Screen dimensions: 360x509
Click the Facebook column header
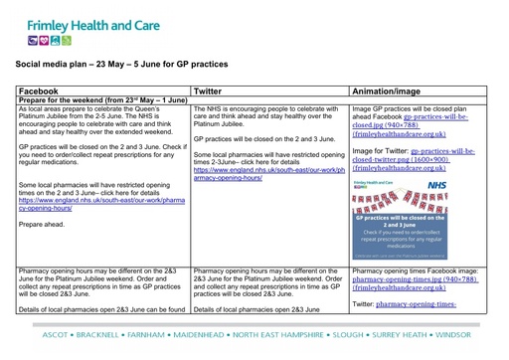pos(40,90)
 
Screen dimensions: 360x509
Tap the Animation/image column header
pos(394,90)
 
